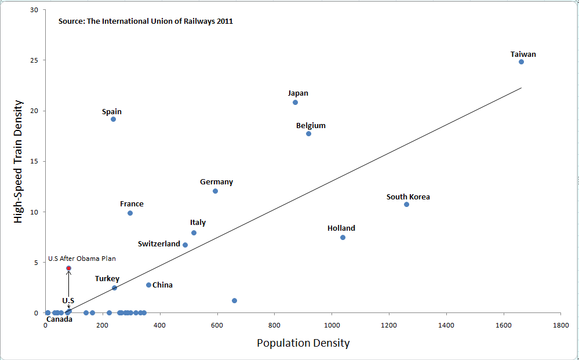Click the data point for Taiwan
coord(521,61)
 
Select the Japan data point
coord(295,102)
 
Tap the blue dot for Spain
coord(113,119)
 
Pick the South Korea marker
coord(406,204)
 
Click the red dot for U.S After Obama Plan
coord(68,268)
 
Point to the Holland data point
coord(343,237)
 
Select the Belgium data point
coord(308,133)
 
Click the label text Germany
coord(216,182)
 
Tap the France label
coord(132,204)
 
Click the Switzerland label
coord(159,244)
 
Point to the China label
coord(162,285)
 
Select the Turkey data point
coord(114,288)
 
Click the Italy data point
coord(194,232)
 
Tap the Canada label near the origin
coord(59,319)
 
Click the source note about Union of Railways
coord(145,21)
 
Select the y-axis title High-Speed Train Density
coord(19,161)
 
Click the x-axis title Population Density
coord(303,343)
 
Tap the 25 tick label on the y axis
coord(35,60)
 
